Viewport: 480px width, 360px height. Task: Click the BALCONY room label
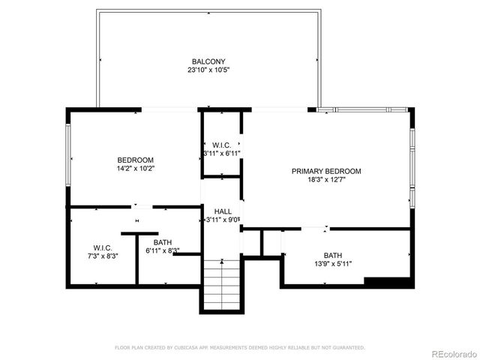[208, 61]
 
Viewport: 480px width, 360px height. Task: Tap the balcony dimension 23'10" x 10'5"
[208, 70]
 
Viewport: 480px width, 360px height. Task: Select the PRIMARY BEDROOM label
[326, 171]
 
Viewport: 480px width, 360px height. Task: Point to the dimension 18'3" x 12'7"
[326, 180]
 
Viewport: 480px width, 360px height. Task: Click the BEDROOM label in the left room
[135, 160]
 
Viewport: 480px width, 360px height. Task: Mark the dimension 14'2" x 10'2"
[135, 169]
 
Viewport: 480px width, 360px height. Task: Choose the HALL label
[223, 211]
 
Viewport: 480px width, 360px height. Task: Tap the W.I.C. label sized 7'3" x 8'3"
[102, 247]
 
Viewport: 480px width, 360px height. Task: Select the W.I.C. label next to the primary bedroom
[221, 145]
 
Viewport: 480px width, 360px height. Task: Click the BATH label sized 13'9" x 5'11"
[332, 255]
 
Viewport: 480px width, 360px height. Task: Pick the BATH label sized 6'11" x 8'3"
[162, 242]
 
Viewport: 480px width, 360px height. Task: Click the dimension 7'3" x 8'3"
[102, 256]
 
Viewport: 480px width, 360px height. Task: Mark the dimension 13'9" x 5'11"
[332, 264]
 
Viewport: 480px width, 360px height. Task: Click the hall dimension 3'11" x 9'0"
[223, 220]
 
